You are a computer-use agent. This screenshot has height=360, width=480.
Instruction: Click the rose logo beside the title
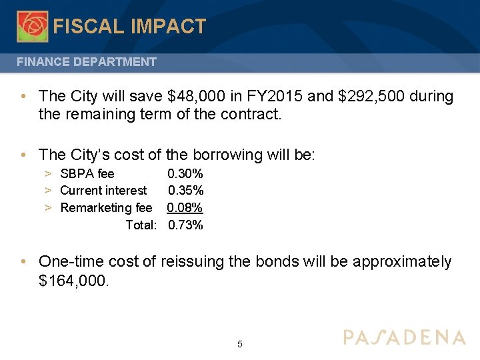[32, 26]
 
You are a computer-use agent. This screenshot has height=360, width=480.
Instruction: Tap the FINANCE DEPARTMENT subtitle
[87, 62]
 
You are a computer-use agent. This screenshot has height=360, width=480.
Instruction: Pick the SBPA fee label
[87, 174]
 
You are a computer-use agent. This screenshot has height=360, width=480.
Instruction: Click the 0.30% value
[185, 174]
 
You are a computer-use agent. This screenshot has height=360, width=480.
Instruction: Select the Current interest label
[103, 191]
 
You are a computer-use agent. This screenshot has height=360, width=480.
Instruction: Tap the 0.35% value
[185, 191]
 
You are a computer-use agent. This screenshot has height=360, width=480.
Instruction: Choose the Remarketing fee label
[106, 208]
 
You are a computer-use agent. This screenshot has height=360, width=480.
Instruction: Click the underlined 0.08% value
[185, 208]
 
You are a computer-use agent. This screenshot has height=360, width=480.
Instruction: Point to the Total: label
[141, 225]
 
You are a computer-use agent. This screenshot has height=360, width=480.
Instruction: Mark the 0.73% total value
[185, 225]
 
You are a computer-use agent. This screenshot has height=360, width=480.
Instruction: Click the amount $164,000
[73, 281]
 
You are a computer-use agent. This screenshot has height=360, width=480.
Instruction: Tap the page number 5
[240, 345]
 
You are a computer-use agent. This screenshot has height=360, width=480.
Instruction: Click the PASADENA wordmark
[404, 337]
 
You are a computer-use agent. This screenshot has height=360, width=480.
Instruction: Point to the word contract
[249, 114]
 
